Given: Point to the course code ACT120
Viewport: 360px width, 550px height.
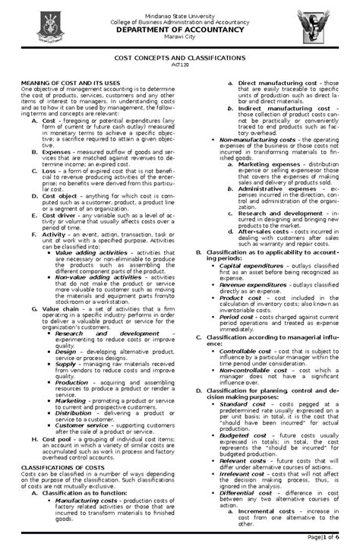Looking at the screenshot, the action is [x=179, y=65].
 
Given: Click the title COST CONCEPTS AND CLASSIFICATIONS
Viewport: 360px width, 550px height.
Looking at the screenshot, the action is [x=179, y=58].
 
